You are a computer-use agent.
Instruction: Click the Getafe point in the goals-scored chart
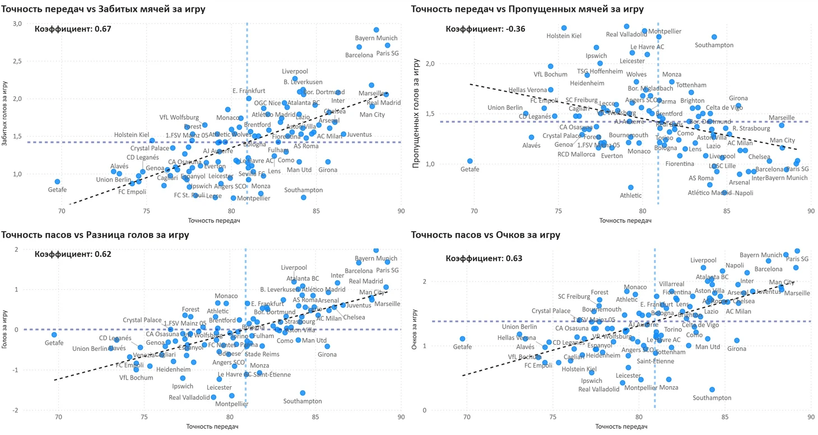tap(57, 182)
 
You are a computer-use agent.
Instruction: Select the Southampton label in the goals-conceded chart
tap(714, 45)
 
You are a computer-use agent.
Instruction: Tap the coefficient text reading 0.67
tap(73, 29)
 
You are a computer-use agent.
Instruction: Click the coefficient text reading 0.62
tap(73, 254)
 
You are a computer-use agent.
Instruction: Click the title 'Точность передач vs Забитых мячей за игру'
tap(104, 9)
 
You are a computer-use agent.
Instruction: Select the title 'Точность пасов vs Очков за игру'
tap(485, 235)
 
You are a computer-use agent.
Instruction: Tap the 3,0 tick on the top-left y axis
tap(17, 24)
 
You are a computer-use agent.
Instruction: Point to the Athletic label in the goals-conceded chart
tap(631, 196)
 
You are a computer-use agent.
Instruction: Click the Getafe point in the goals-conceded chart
tap(470, 161)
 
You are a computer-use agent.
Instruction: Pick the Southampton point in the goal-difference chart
tap(303, 393)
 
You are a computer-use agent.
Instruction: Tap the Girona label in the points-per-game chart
tap(737, 349)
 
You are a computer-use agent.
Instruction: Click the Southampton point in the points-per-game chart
tap(712, 390)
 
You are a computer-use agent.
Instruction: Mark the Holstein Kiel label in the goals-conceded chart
tap(564, 36)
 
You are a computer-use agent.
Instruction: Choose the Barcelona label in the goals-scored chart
tap(359, 55)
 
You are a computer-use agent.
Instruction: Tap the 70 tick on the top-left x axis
tap(62, 211)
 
